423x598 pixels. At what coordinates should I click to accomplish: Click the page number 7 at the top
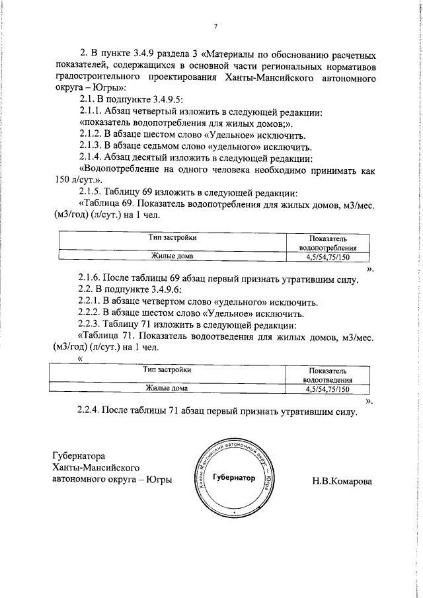[215, 26]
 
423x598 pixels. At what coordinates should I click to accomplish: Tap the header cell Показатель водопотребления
[327, 242]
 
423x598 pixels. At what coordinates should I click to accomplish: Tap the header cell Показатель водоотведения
[327, 375]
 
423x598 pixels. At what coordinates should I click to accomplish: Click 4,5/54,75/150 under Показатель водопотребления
[327, 256]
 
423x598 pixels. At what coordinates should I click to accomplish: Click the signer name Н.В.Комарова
[342, 480]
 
